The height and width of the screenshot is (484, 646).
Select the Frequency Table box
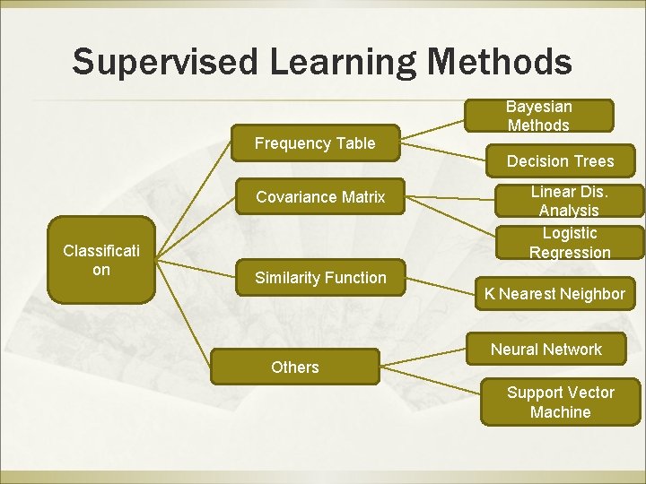click(x=315, y=143)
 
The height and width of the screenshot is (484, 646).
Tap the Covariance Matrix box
click(x=320, y=197)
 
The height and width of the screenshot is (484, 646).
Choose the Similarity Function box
click(x=320, y=278)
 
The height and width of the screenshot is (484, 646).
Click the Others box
click(x=294, y=367)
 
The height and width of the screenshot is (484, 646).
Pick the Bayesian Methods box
click(x=538, y=116)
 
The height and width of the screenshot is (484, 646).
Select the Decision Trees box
click(x=560, y=161)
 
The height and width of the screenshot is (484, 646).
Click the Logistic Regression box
click(x=569, y=243)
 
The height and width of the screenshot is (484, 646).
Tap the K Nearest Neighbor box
click(x=554, y=294)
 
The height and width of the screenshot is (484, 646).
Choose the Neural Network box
click(x=546, y=350)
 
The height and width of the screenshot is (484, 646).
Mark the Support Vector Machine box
click(x=560, y=402)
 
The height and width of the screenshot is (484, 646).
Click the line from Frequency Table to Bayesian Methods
click(x=432, y=131)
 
